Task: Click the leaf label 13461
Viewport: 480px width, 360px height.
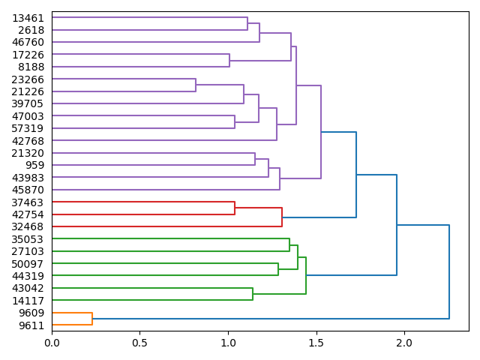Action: tap(28, 18)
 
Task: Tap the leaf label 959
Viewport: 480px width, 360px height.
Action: tap(34, 165)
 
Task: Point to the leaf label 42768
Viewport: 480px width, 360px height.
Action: tap(28, 141)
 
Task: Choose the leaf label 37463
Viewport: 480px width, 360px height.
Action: tap(28, 202)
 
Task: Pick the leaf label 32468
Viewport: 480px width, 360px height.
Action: tap(28, 226)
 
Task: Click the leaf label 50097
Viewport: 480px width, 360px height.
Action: tap(28, 264)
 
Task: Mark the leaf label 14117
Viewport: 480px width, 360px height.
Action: tap(28, 301)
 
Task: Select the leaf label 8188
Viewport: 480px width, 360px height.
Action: tap(31, 67)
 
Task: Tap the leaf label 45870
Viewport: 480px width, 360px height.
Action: tap(28, 190)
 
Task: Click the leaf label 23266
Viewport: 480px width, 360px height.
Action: tap(28, 79)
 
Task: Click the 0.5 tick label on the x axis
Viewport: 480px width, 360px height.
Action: tap(139, 343)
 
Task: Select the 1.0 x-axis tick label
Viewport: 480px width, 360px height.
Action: tap(228, 343)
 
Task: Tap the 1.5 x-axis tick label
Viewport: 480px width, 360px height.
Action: tap(316, 343)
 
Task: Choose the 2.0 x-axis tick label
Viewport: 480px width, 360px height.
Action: tap(404, 343)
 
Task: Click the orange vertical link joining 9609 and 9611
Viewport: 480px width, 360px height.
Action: tap(92, 319)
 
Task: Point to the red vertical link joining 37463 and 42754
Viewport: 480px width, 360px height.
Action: tap(235, 208)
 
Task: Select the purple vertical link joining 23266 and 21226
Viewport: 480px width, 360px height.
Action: tap(196, 85)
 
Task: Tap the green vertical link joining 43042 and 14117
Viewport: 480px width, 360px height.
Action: tap(253, 294)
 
